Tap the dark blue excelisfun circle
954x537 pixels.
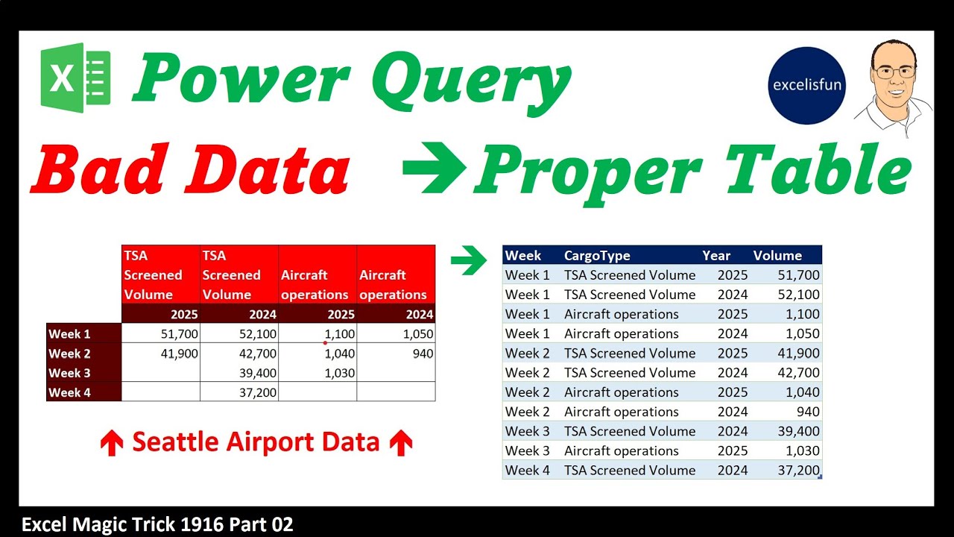pos(806,85)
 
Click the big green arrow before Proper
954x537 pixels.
pos(435,169)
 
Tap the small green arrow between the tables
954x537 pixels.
pos(468,260)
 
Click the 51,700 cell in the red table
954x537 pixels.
pos(179,334)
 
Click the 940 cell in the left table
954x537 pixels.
pos(422,354)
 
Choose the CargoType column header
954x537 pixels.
pos(597,256)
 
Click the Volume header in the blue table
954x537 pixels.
pos(777,256)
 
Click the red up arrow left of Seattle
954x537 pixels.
pos(111,444)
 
